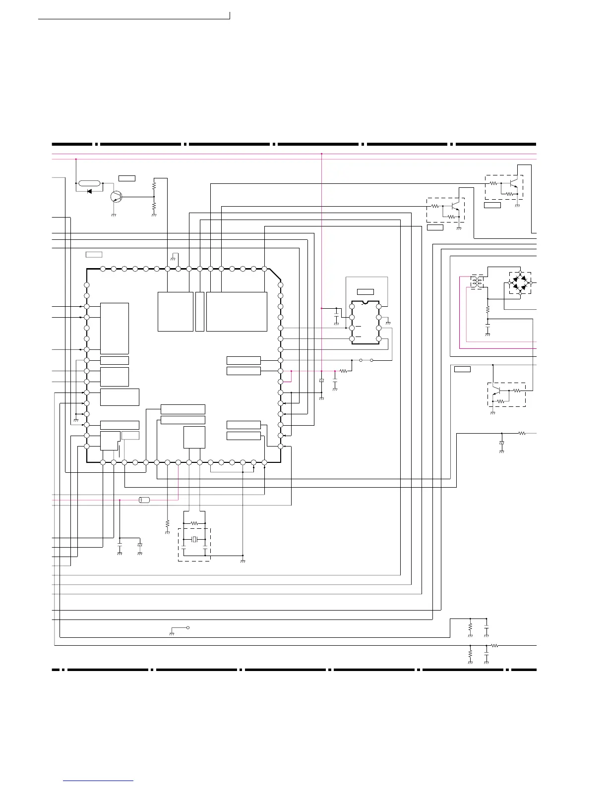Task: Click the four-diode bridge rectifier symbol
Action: (x=520, y=283)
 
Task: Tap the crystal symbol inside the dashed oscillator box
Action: (x=194, y=539)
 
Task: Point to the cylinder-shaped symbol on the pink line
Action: (x=144, y=500)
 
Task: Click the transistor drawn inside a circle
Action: (x=117, y=197)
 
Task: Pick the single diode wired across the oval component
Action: (x=90, y=191)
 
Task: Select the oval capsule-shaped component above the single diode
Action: (x=90, y=183)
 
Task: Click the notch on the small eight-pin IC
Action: (x=365, y=301)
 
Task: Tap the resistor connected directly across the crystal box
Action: (x=194, y=523)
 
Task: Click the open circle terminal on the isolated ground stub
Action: (x=188, y=627)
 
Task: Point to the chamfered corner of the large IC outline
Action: (x=275, y=277)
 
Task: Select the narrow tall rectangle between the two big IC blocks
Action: (x=200, y=311)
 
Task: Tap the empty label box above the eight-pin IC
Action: (x=365, y=291)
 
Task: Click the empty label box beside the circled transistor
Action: (x=127, y=178)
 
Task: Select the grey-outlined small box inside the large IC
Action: (x=130, y=435)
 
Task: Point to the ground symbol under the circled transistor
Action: (x=114, y=215)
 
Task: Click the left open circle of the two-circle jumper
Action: (x=361, y=360)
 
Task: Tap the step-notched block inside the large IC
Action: (x=109, y=440)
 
